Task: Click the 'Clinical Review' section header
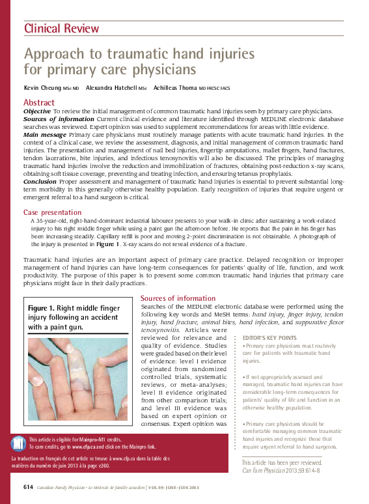point(62,28)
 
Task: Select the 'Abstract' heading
point(39,102)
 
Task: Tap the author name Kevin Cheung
point(43,87)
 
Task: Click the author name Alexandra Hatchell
point(111,87)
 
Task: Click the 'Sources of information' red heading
point(178,298)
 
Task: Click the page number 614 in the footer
point(28,487)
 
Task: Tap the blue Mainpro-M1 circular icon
point(19,443)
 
